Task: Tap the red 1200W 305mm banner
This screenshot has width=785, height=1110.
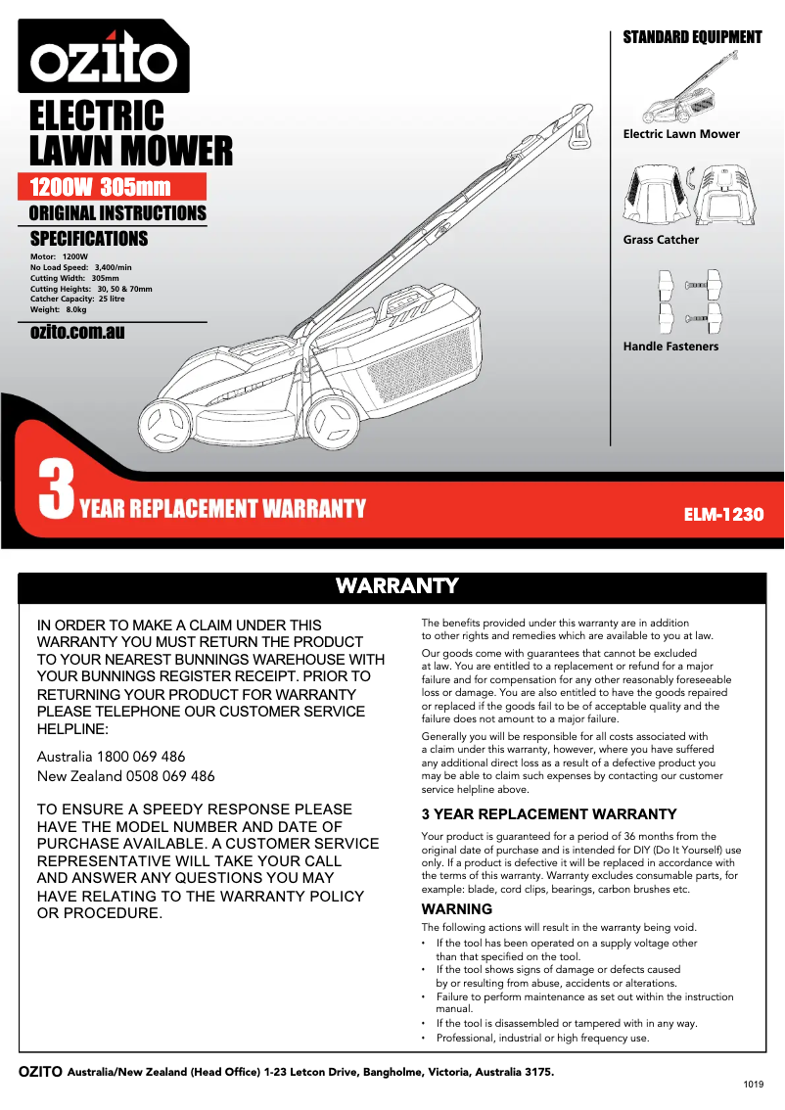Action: coord(112,187)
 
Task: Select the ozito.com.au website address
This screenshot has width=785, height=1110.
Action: coord(77,332)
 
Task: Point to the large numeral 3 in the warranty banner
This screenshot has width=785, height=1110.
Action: coord(56,491)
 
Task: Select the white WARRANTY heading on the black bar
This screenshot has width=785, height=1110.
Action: coord(396,585)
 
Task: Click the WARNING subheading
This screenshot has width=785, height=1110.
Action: coord(456,909)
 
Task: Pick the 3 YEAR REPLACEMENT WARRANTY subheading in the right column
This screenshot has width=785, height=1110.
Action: coord(548,814)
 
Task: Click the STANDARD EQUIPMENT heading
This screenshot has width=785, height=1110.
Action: coord(692,37)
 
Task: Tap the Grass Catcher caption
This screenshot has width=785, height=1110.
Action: coord(661,240)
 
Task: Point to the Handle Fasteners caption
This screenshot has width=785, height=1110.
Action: coord(670,347)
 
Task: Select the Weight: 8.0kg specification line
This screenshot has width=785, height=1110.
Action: coord(59,309)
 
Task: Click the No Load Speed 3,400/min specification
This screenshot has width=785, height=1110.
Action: coord(80,267)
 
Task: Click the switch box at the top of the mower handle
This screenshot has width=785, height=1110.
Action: coord(579,127)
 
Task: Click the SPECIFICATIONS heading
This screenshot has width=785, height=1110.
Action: coord(89,239)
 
